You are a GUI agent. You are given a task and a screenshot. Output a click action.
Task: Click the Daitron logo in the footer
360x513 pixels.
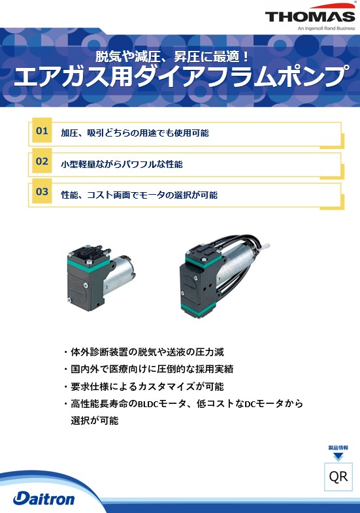point(44,499)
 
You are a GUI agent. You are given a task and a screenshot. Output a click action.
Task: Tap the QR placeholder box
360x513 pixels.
point(338,476)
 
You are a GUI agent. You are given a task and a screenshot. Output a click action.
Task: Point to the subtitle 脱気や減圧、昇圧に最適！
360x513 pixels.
point(172,57)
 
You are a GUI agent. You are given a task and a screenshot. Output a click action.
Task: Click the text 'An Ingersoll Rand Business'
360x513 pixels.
point(326,29)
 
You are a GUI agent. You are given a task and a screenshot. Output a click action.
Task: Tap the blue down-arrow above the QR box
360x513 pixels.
point(338,456)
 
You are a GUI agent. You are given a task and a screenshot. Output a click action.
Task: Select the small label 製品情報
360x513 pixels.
point(338,448)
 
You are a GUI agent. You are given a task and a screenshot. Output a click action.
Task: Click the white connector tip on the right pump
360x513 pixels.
point(266,244)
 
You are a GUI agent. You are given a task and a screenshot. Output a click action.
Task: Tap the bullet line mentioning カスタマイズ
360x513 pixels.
point(144,386)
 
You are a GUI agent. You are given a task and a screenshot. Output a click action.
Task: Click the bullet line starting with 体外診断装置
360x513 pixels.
point(144,352)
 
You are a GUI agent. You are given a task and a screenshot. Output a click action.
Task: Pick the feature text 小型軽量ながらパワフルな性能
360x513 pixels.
point(122,164)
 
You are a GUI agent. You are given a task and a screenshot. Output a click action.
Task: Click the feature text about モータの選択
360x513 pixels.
point(139,195)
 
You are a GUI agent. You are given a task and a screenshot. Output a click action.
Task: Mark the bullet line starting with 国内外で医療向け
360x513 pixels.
point(149,369)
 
